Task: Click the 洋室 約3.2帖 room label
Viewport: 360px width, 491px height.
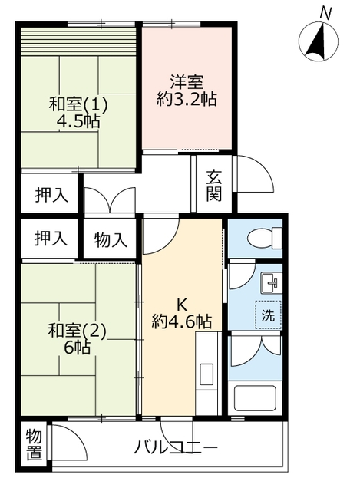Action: pos(187,91)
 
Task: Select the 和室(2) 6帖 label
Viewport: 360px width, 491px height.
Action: pos(77,339)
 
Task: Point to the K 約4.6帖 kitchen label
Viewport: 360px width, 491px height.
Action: pos(182,314)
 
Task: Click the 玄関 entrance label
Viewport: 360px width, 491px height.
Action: pos(214,186)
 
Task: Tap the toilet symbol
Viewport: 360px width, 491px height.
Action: pos(265,239)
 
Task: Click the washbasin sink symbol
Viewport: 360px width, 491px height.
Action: pos(271,284)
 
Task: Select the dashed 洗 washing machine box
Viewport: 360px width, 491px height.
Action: pos(268,315)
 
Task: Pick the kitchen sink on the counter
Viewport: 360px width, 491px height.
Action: pos(206,374)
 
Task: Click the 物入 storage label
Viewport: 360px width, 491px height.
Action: pos(111,240)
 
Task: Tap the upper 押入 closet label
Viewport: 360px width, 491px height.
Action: pos(51,196)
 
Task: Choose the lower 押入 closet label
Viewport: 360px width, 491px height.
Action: pos(51,239)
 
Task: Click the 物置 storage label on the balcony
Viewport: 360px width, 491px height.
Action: pos(34,445)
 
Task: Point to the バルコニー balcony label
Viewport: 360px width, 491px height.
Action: pos(176,447)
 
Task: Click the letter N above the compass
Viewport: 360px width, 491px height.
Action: pos(326,14)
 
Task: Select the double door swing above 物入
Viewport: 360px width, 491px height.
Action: pos(110,199)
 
